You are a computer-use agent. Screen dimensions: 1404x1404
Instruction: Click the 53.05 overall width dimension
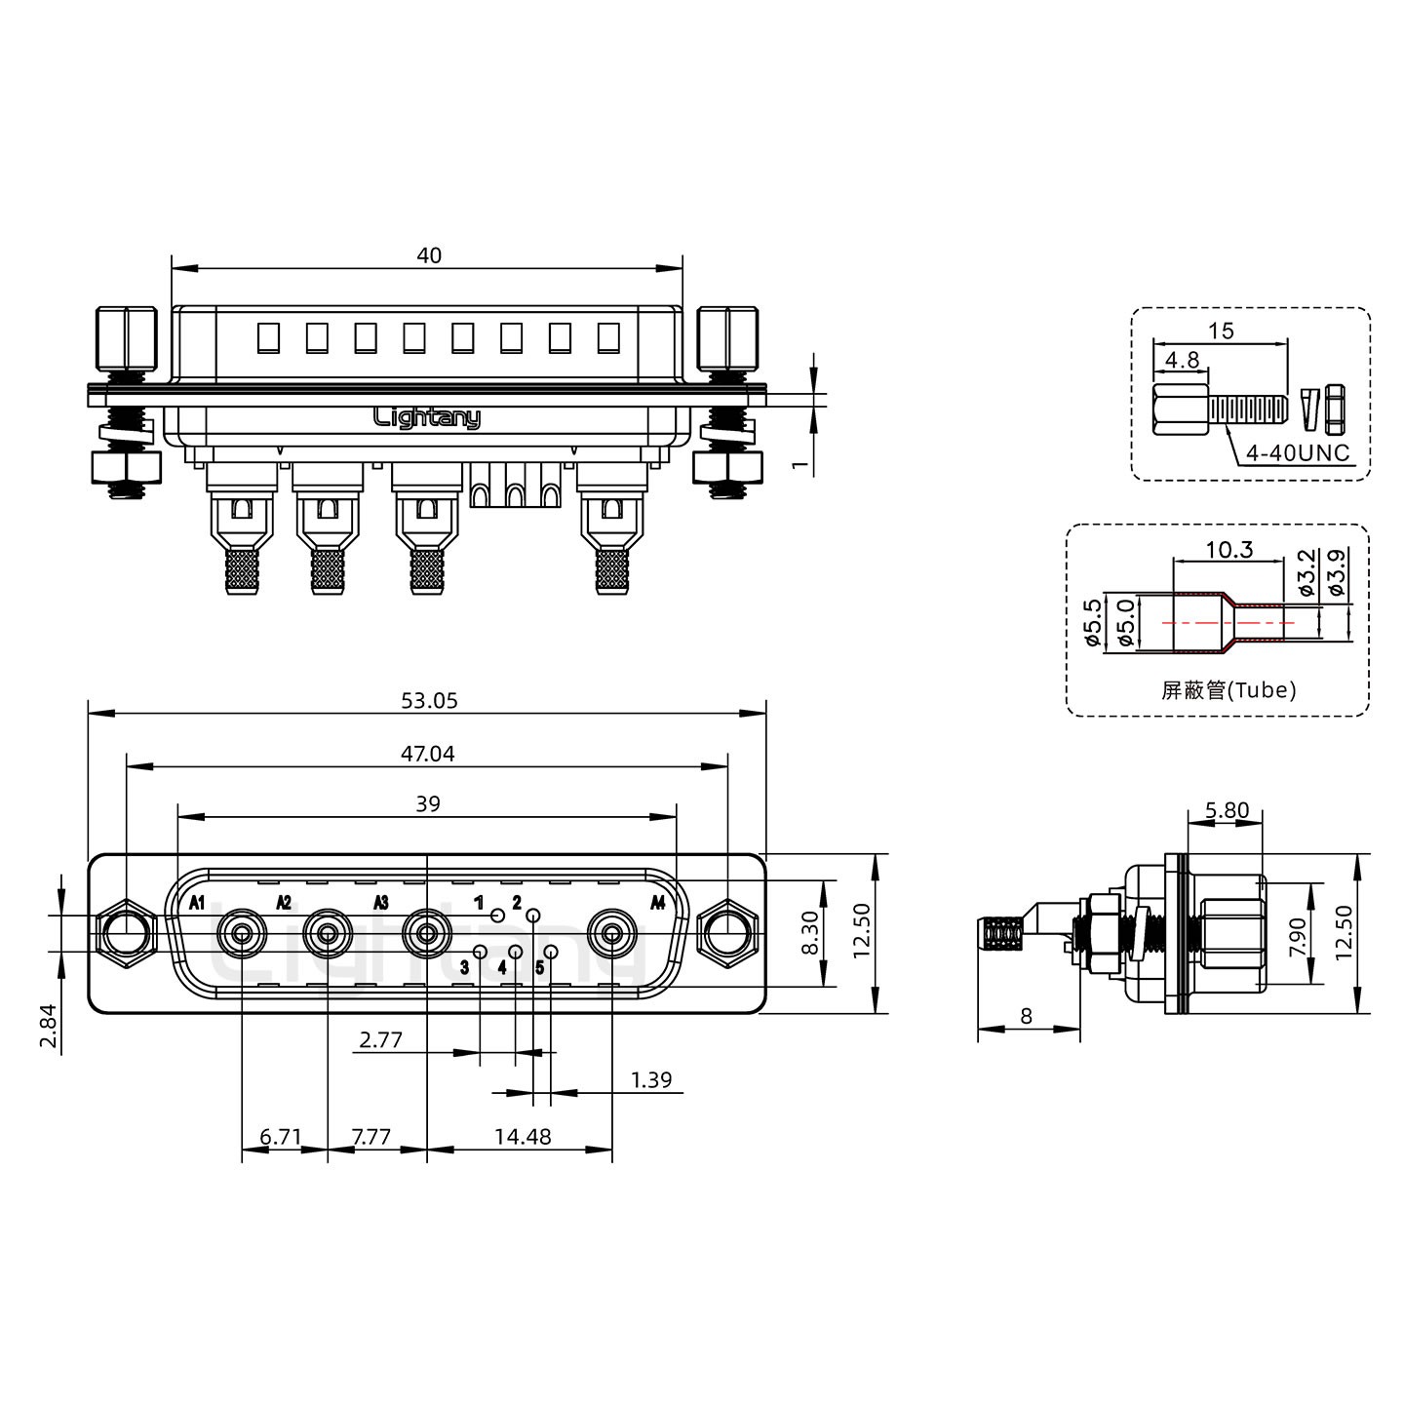pos(429,701)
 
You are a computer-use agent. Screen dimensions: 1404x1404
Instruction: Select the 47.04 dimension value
pos(428,754)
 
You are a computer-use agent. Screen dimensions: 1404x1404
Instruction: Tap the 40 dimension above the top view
pos(429,255)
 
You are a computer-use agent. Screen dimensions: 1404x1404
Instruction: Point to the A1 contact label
pos(197,904)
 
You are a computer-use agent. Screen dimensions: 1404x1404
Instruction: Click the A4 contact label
pos(657,903)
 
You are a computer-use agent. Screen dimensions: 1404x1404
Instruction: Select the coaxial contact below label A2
pos(328,933)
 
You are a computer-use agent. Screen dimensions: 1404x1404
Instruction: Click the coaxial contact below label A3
pos(428,933)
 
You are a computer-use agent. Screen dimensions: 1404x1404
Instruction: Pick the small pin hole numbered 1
pos(498,916)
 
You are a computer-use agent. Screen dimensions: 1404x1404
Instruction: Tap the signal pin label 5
pos(540,968)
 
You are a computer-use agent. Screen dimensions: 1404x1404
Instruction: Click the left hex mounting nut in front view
pos(126,933)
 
